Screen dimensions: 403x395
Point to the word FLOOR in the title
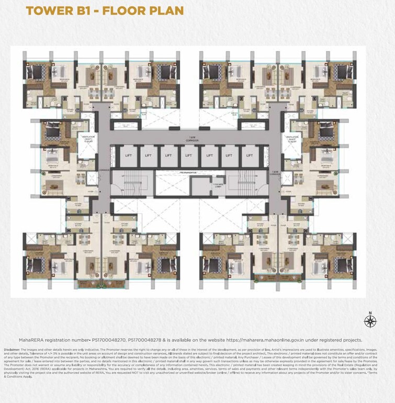128,10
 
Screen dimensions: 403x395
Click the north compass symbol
370,320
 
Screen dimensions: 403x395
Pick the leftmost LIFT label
128,155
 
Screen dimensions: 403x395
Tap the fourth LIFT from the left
189,155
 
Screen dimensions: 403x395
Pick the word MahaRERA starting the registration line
31,340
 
